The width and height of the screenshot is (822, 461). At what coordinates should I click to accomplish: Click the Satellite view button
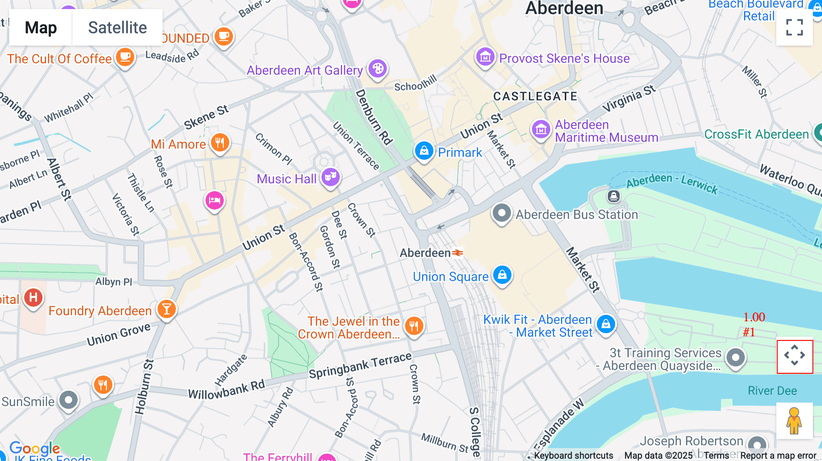(x=117, y=28)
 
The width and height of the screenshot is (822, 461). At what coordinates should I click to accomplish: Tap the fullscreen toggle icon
(x=794, y=27)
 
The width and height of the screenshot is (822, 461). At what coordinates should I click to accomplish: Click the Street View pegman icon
(x=794, y=421)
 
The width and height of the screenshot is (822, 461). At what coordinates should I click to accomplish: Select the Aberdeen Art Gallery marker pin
(x=378, y=69)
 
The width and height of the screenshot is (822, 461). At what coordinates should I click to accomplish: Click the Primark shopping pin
(x=424, y=150)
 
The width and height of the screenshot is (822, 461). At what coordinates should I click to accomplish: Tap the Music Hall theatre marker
(x=331, y=177)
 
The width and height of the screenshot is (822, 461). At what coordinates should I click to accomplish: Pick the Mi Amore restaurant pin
(x=220, y=142)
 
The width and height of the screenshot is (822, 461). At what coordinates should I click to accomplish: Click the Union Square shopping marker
(x=502, y=275)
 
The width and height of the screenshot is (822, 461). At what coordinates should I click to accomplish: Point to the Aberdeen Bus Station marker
(x=501, y=213)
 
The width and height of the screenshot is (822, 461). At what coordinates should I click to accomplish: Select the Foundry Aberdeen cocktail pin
(x=167, y=309)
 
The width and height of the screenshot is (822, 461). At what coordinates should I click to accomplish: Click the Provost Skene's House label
(x=564, y=58)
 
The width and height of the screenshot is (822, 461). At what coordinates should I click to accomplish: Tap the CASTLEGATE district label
(x=535, y=96)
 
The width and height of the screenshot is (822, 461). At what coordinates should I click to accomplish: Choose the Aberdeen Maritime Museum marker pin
(x=541, y=129)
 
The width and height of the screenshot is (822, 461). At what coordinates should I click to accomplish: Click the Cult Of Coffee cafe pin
(x=125, y=58)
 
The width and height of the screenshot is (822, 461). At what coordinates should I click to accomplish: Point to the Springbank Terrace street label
(x=360, y=365)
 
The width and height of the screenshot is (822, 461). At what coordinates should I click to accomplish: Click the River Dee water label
(x=772, y=391)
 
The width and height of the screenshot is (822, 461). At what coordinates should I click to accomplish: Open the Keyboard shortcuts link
(x=573, y=456)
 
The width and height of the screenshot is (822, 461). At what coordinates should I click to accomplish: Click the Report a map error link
(x=778, y=456)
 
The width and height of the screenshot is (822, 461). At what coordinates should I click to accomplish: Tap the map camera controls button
(x=795, y=356)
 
